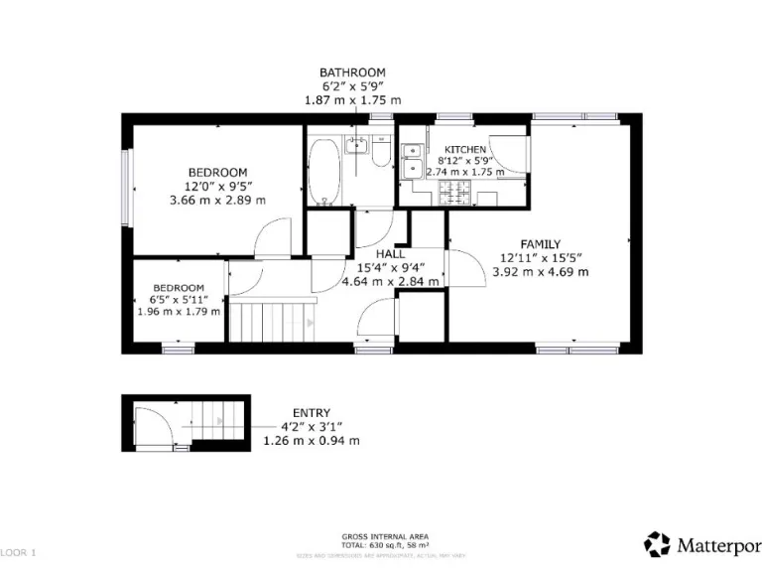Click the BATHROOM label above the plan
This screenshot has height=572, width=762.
point(352,72)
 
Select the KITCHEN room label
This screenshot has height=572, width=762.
point(465,149)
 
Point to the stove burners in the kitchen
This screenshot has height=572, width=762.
point(460,194)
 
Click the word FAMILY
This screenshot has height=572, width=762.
point(541,244)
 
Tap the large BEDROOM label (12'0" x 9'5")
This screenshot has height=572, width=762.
point(217,172)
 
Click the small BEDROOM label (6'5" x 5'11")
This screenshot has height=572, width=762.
point(179,288)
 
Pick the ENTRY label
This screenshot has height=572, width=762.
point(312,413)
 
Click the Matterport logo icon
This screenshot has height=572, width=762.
point(657,544)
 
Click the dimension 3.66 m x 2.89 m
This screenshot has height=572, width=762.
point(217,200)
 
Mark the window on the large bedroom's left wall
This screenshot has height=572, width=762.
point(126,184)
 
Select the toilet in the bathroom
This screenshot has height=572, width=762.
point(381,156)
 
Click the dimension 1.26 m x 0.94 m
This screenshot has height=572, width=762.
point(312,440)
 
